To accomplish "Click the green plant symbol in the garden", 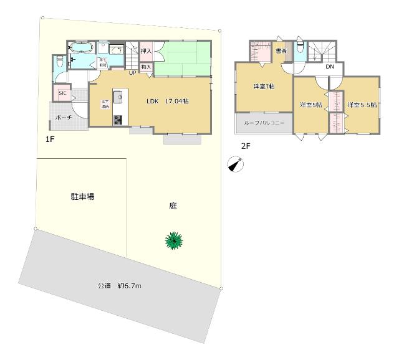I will [174, 240].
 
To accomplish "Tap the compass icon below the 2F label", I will [236, 164].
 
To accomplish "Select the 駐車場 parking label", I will [82, 197].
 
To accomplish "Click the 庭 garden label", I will [172, 206].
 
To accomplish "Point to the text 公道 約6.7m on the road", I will [120, 286].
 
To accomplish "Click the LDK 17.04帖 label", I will [168, 102].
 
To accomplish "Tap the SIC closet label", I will [62, 93].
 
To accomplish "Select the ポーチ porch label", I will [64, 117].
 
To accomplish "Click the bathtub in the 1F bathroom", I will [81, 48].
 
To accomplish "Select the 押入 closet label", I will [146, 52].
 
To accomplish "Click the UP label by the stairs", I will [132, 73].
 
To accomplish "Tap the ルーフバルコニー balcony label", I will [264, 123].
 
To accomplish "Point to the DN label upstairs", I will [330, 67].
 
